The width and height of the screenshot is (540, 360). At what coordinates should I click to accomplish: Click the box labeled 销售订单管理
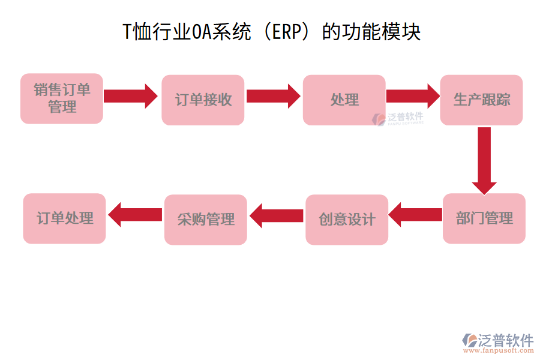(x=62, y=99)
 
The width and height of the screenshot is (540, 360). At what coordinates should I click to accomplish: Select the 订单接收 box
(x=203, y=100)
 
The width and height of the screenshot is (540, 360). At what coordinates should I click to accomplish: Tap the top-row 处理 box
(x=344, y=100)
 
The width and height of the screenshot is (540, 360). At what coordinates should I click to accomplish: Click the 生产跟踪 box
(x=481, y=100)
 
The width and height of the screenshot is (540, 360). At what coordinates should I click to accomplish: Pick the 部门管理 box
(x=484, y=218)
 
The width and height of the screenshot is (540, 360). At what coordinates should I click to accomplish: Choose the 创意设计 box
(x=346, y=219)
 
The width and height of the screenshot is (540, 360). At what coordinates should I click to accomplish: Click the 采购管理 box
(x=205, y=219)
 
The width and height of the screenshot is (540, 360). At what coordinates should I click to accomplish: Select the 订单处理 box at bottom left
(x=64, y=218)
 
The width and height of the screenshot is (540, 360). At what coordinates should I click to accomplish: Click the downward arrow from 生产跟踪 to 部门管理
(x=484, y=158)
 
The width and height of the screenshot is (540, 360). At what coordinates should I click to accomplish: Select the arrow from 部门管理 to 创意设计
(x=415, y=214)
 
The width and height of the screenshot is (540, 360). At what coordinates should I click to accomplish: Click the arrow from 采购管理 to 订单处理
(x=134, y=214)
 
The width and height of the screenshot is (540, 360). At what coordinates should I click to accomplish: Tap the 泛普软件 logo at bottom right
(x=498, y=341)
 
